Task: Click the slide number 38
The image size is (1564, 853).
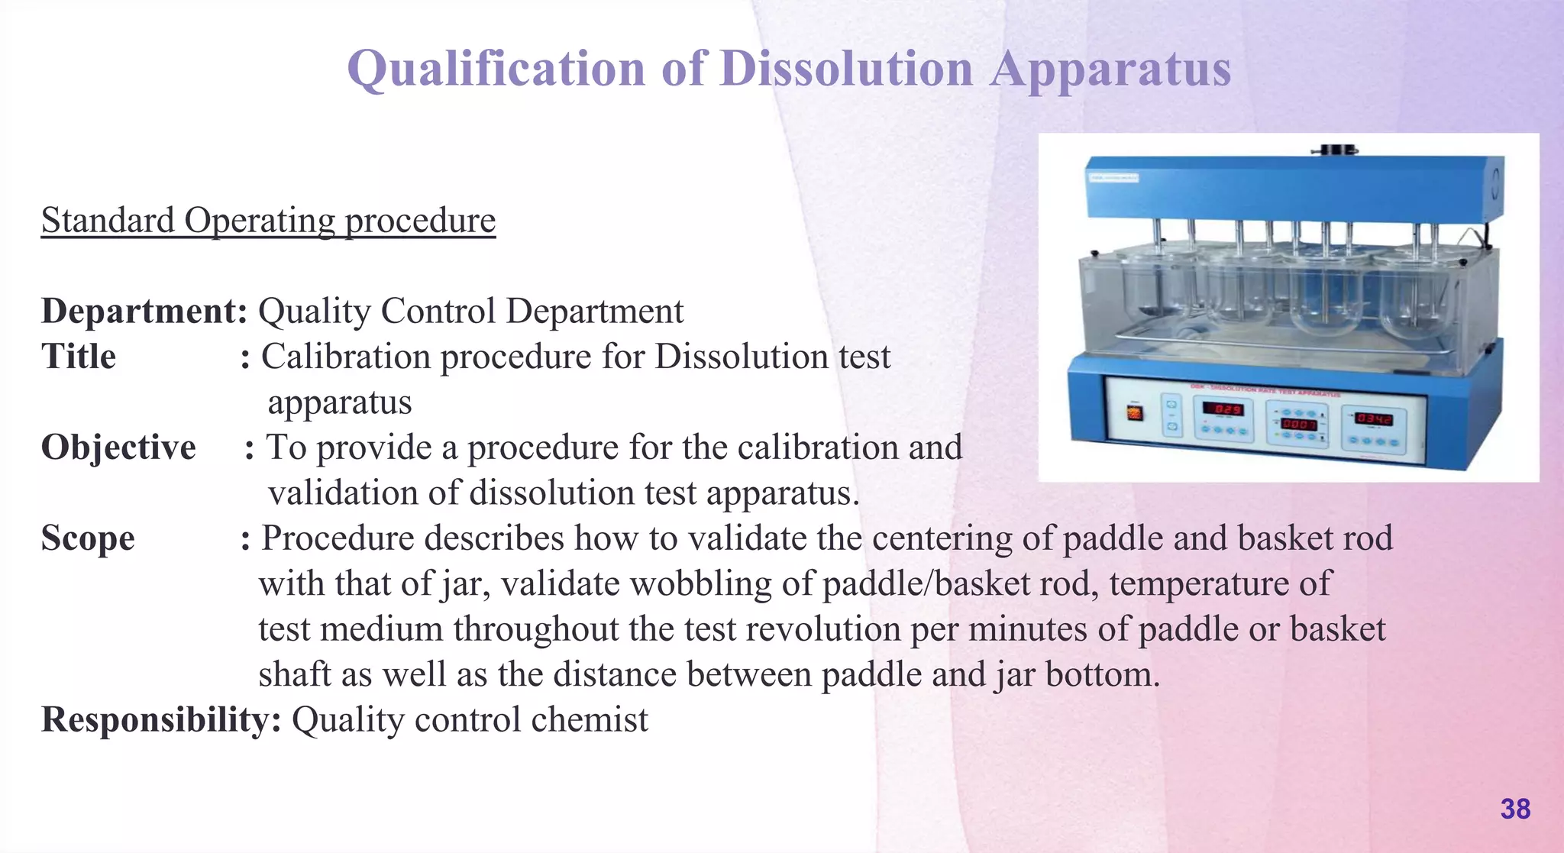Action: point(1515,809)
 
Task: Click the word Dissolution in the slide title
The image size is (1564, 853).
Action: point(846,69)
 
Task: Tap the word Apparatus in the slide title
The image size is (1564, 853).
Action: point(1111,69)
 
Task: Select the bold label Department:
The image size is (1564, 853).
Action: point(144,312)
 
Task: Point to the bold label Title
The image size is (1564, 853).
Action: point(79,357)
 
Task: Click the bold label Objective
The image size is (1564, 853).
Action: point(118,448)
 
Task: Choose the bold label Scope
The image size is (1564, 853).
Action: point(88,538)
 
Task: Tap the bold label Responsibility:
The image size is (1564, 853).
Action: point(161,720)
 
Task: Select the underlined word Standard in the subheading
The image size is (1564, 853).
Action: point(108,221)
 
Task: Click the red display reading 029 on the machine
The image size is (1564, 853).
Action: point(1223,409)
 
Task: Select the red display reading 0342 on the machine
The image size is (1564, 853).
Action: point(1374,418)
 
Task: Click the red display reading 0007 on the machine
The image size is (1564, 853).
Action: point(1298,423)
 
